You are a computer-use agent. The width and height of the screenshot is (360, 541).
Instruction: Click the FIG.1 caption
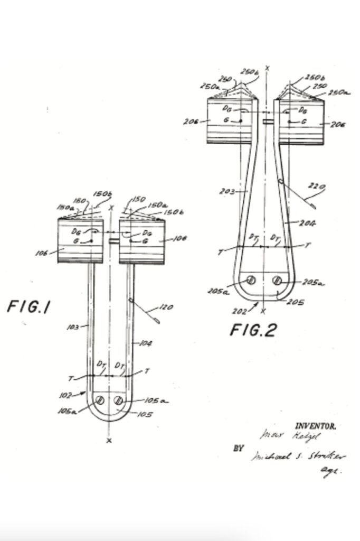(28, 307)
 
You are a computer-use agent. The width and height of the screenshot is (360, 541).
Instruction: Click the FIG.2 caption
(253, 330)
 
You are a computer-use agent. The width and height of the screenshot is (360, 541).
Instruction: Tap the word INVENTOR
(315, 425)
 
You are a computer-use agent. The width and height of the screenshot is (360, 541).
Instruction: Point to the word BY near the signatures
(239, 448)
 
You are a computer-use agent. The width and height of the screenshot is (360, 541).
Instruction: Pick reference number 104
(145, 343)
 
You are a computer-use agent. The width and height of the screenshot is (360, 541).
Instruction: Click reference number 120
(166, 307)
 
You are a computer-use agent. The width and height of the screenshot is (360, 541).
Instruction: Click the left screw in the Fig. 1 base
(99, 400)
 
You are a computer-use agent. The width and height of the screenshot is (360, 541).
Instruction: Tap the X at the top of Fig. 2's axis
(268, 68)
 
